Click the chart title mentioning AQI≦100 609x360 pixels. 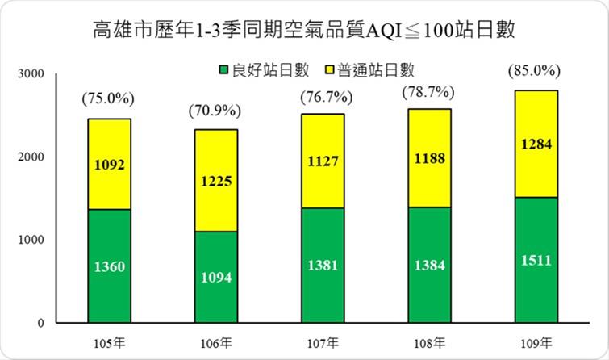[x=304, y=31]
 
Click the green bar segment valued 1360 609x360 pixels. [x=109, y=266]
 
